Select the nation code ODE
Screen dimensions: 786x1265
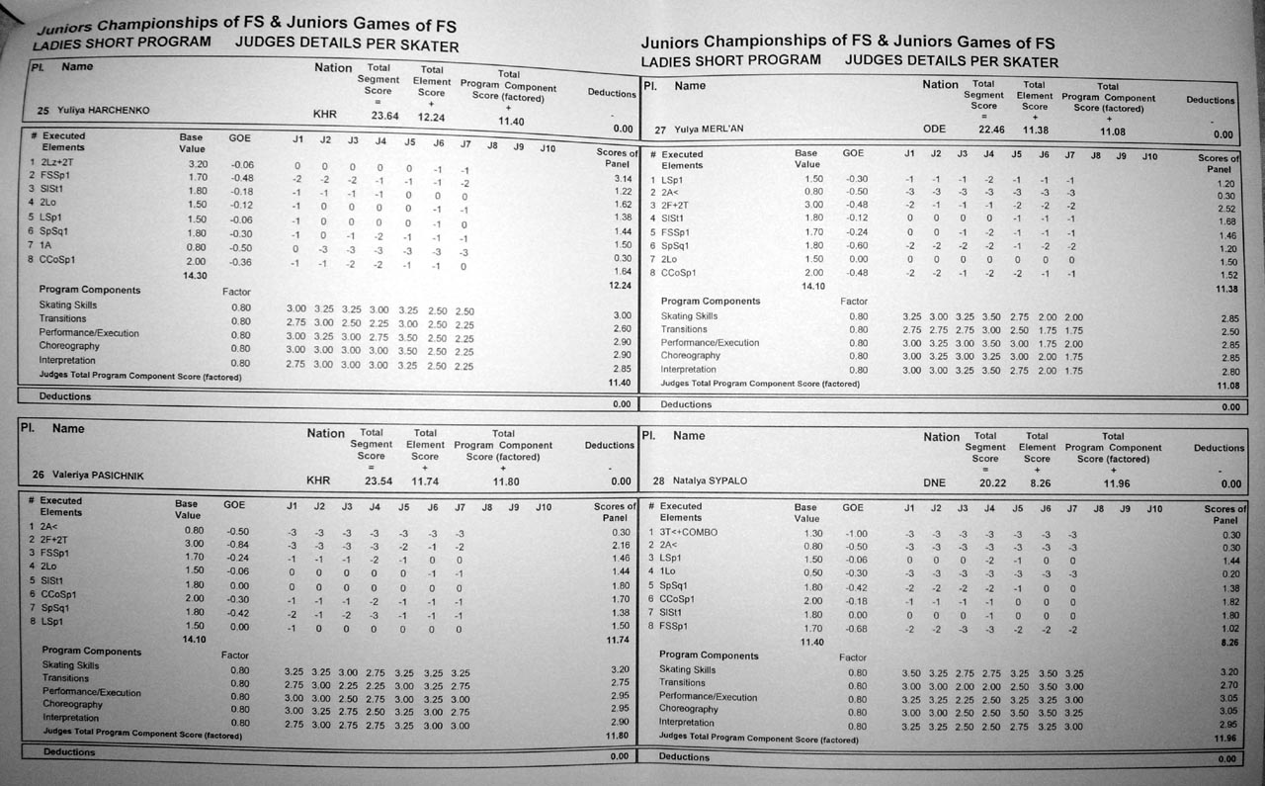[934, 130]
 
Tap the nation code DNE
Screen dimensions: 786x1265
[935, 482]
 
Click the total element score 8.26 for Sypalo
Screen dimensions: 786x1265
[1038, 482]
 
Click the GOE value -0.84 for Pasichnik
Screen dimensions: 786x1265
[236, 545]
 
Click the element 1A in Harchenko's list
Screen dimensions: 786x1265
[45, 245]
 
